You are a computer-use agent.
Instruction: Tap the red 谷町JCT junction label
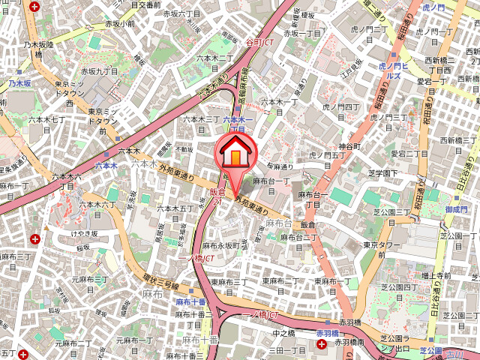pos(259,43)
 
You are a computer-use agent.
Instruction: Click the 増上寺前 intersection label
pos(434,275)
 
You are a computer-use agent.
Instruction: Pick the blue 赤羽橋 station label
pos(328,332)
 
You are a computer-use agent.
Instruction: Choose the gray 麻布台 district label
pos(278,223)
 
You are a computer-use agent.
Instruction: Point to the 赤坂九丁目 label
pos(115,72)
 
